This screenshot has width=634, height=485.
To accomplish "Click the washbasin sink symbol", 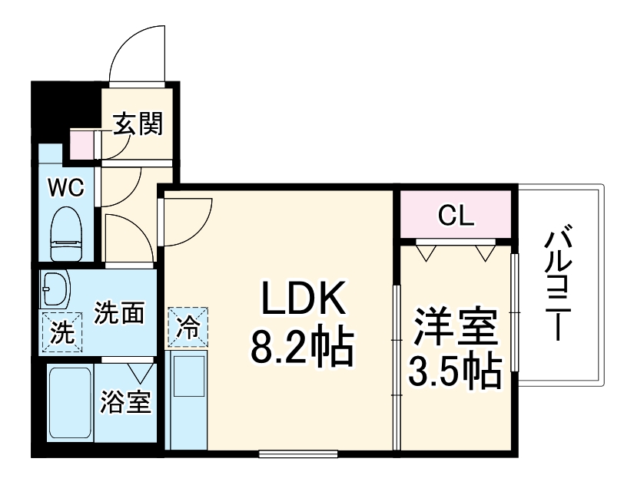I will coord(54,287).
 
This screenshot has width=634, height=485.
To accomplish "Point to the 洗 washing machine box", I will coord(59,333).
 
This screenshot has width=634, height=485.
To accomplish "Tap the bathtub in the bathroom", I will coord(70,402).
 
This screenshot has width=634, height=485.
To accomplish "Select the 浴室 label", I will coord(126,402).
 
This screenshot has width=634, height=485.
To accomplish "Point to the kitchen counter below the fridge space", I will coord(188,399).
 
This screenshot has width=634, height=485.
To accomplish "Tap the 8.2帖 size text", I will coord(300,348).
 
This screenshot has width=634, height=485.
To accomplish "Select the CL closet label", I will coord(456,216).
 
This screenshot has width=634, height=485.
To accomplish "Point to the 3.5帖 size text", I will coord(454,373).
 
